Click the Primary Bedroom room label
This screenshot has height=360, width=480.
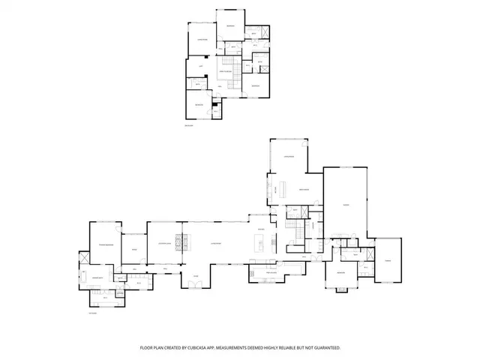coord(104,245)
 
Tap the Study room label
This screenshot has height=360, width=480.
coord(134,249)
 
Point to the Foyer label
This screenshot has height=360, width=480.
coord(196,275)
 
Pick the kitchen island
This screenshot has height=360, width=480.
coord(259,242)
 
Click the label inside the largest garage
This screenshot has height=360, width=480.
coord(345,205)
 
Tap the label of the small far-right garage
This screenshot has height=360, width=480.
coord(388,260)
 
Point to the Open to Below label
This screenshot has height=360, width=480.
coord(228,70)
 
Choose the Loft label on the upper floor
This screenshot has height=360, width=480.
coord(201,66)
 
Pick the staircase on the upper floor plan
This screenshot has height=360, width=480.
coord(238,69)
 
